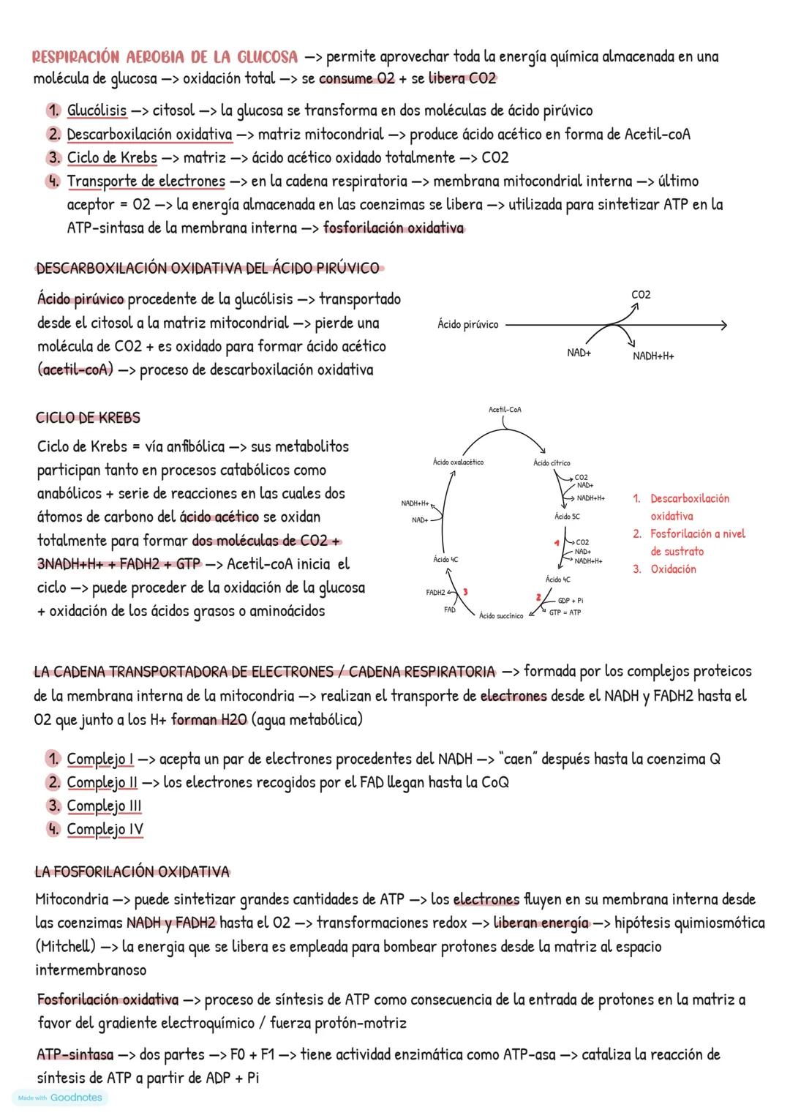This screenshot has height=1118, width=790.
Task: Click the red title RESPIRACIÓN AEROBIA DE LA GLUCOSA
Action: (x=165, y=57)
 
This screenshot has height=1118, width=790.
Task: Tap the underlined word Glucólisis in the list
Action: (x=97, y=110)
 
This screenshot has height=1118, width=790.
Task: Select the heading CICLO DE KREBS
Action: (x=88, y=418)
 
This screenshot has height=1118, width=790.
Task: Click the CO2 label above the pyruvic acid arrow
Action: (x=641, y=295)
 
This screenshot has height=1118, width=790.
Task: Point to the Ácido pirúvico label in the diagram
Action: (x=468, y=324)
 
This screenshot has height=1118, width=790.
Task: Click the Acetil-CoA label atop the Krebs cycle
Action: (x=505, y=410)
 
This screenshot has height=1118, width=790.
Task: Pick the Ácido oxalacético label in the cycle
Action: (x=458, y=462)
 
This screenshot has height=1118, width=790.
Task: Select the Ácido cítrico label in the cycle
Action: (x=552, y=463)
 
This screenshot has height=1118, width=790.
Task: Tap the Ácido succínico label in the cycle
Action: (x=501, y=616)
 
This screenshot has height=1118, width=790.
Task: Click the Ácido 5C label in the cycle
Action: (x=567, y=517)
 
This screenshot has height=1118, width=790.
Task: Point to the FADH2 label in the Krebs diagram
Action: (x=435, y=592)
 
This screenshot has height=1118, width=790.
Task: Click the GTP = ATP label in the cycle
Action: (x=565, y=612)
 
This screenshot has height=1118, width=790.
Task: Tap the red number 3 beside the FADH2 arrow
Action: (x=464, y=591)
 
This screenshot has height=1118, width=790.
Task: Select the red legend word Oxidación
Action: (x=673, y=569)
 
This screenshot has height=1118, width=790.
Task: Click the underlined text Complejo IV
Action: (x=105, y=830)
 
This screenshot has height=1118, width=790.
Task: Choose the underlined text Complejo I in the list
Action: (x=100, y=759)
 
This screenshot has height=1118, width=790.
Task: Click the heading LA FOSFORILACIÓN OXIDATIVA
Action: (x=132, y=872)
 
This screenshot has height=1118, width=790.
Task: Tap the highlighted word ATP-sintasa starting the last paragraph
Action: (x=75, y=1055)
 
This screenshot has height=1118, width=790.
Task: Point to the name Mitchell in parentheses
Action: (x=65, y=947)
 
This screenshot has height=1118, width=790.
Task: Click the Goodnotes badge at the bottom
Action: (x=60, y=1098)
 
